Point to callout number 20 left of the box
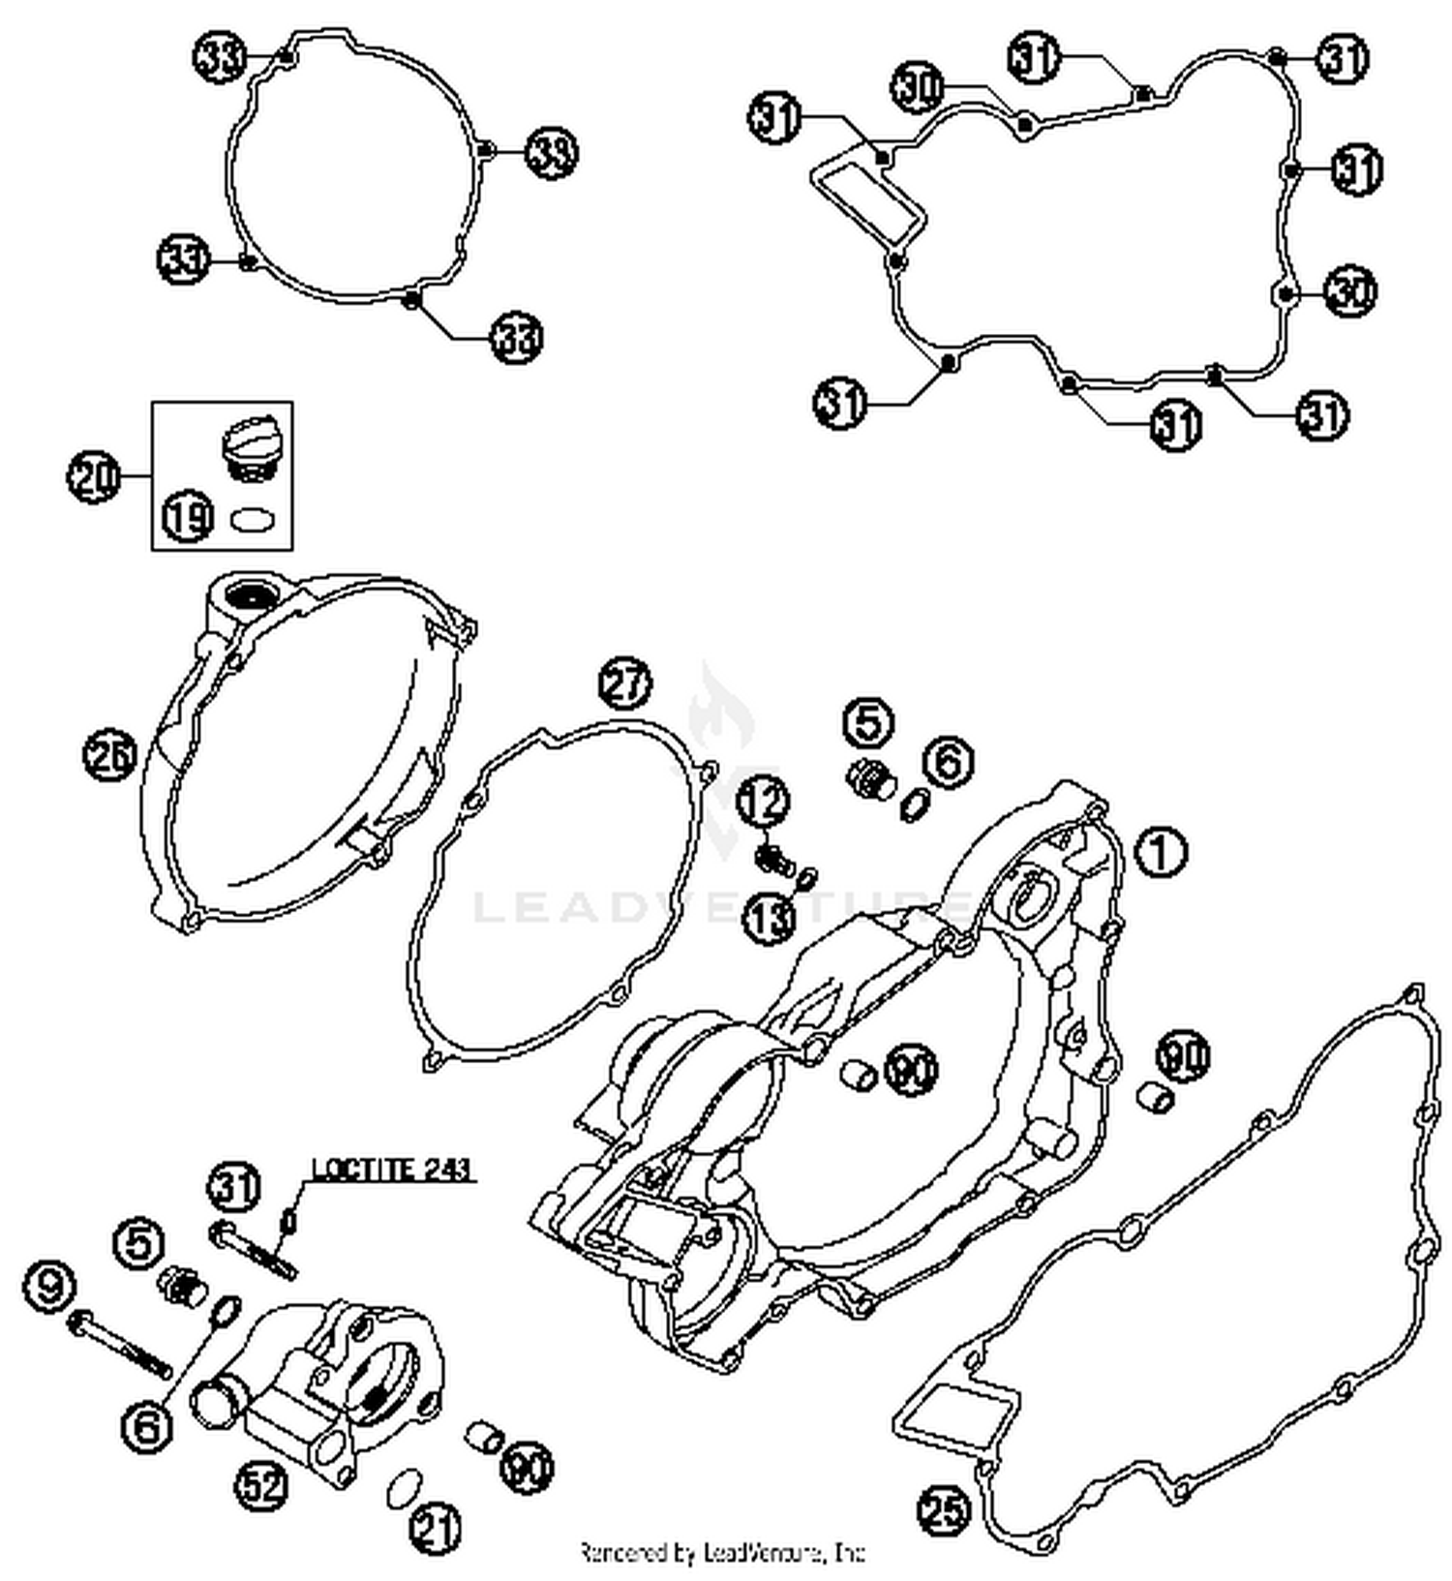pos(94,476)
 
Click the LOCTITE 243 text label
pos(390,1169)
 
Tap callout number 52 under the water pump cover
pos(264,1485)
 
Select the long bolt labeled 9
pos(121,1346)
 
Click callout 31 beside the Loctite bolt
pos(233,1186)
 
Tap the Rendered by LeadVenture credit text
pos(721,1553)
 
